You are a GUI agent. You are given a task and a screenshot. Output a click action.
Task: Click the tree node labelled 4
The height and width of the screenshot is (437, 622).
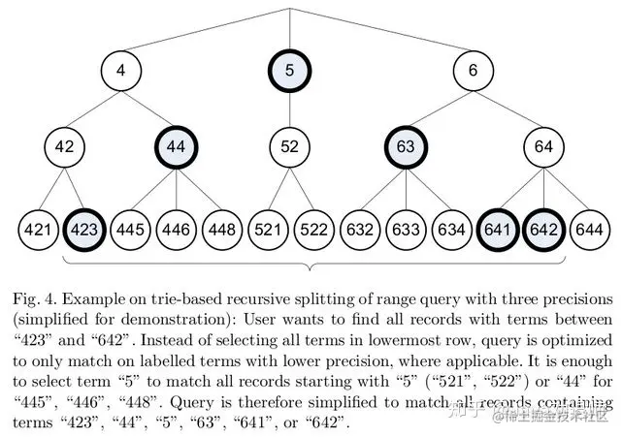pos(121,71)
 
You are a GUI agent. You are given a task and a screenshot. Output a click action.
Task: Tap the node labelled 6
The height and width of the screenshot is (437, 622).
pos(474,71)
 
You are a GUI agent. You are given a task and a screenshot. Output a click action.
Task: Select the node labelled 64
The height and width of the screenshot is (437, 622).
pos(544,148)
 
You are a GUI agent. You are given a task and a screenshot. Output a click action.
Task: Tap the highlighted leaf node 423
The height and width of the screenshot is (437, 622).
pos(84,233)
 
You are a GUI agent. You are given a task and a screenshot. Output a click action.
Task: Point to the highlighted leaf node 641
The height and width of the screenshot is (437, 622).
pos(499,233)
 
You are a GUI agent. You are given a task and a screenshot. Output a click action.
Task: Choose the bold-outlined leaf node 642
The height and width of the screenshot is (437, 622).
pos(544,233)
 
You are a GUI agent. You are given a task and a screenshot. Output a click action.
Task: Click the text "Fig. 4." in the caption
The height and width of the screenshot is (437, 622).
pos(36,297)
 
